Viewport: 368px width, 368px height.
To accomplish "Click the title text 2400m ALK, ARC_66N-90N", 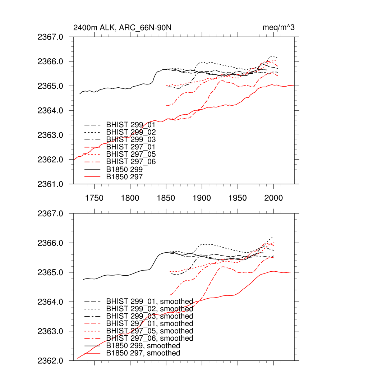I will (x=124, y=28).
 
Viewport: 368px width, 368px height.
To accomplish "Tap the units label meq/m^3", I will (x=279, y=28).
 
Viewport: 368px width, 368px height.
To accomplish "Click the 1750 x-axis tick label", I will (x=94, y=198).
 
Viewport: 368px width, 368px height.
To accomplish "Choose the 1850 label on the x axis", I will (x=166, y=198).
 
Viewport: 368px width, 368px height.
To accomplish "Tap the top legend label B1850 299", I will (x=124, y=169).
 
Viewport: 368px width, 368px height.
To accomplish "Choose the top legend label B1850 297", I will (x=124, y=176).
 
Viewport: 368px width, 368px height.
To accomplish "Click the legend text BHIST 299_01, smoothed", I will (x=149, y=302).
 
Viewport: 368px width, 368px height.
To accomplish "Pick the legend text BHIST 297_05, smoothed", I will (x=149, y=331).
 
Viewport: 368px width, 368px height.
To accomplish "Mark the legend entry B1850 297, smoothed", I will (x=143, y=353).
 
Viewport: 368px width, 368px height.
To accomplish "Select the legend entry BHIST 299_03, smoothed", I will (x=149, y=316).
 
